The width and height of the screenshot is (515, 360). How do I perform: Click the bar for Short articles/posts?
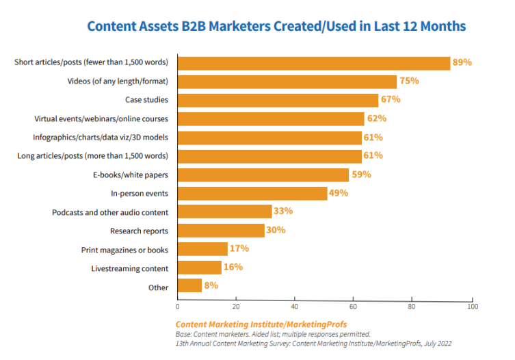tap(314, 63)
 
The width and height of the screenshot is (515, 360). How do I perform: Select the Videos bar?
tap(287, 81)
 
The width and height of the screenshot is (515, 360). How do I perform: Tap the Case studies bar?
tap(278, 100)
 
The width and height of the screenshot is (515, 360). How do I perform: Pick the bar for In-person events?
tap(252, 193)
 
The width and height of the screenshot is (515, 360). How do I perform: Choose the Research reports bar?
tap(221, 231)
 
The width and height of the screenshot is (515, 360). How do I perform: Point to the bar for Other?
tap(189, 286)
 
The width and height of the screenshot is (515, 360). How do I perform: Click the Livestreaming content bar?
tap(200, 268)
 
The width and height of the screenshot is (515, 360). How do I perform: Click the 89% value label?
tap(462, 62)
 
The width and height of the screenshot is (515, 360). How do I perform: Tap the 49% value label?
tap(339, 193)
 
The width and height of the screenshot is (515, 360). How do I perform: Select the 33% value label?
tap(282, 211)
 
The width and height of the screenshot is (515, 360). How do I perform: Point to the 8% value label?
tap(211, 285)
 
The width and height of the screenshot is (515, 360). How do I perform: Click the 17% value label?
tap(239, 248)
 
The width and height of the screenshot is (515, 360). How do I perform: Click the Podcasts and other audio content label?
tap(110, 212)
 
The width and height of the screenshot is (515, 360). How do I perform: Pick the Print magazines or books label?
tap(124, 250)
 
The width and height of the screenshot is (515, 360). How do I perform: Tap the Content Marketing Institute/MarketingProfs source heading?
tap(261, 324)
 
